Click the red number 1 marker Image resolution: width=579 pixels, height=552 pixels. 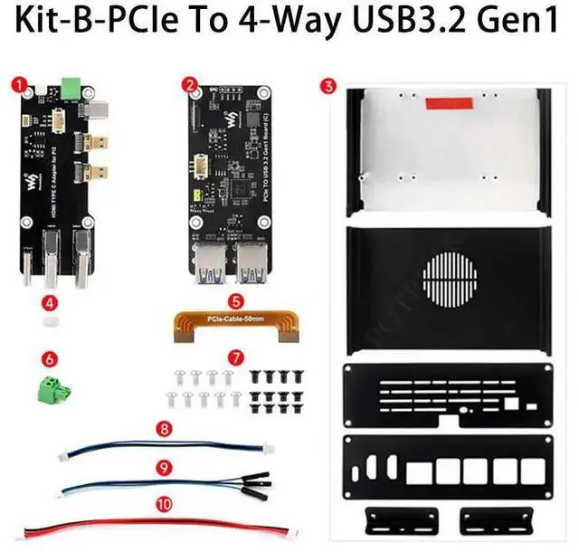click(x=17, y=83)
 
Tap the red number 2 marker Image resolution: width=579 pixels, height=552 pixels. click(x=189, y=83)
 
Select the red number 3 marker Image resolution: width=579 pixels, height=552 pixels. click(x=328, y=86)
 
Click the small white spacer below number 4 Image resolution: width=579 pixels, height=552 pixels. click(x=52, y=320)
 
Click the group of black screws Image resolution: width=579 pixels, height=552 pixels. click(x=275, y=388)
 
